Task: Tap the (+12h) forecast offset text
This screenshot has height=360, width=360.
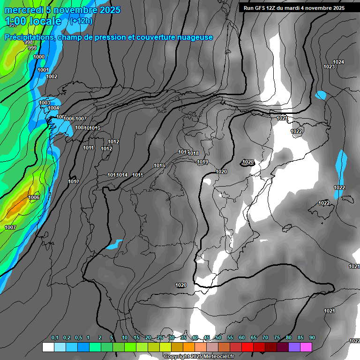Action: (x=81, y=21)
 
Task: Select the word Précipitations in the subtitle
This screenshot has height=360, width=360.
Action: (x=29, y=37)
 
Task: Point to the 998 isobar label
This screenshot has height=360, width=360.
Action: (x=29, y=43)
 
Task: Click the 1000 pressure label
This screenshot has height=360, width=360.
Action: (x=39, y=57)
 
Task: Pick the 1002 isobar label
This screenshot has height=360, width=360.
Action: (x=52, y=76)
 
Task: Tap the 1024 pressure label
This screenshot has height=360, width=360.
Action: (x=338, y=62)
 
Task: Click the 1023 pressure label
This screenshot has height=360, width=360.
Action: (x=329, y=67)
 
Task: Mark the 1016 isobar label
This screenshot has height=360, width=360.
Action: (x=159, y=165)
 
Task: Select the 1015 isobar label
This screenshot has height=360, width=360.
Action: (x=137, y=175)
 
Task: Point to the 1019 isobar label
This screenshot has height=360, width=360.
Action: (x=202, y=162)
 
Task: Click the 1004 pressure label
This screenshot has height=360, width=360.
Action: (x=54, y=108)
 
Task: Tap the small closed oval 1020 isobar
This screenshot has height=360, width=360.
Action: (x=247, y=162)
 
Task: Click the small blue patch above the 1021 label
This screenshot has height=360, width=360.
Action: (x=321, y=95)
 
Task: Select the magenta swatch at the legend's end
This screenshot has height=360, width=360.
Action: (x=306, y=347)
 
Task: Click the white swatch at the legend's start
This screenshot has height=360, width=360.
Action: (x=48, y=347)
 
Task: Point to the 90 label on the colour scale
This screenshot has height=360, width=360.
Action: (x=312, y=338)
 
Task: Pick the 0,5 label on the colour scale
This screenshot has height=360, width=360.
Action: (x=77, y=338)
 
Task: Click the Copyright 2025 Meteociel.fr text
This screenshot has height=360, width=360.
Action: (x=200, y=356)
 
